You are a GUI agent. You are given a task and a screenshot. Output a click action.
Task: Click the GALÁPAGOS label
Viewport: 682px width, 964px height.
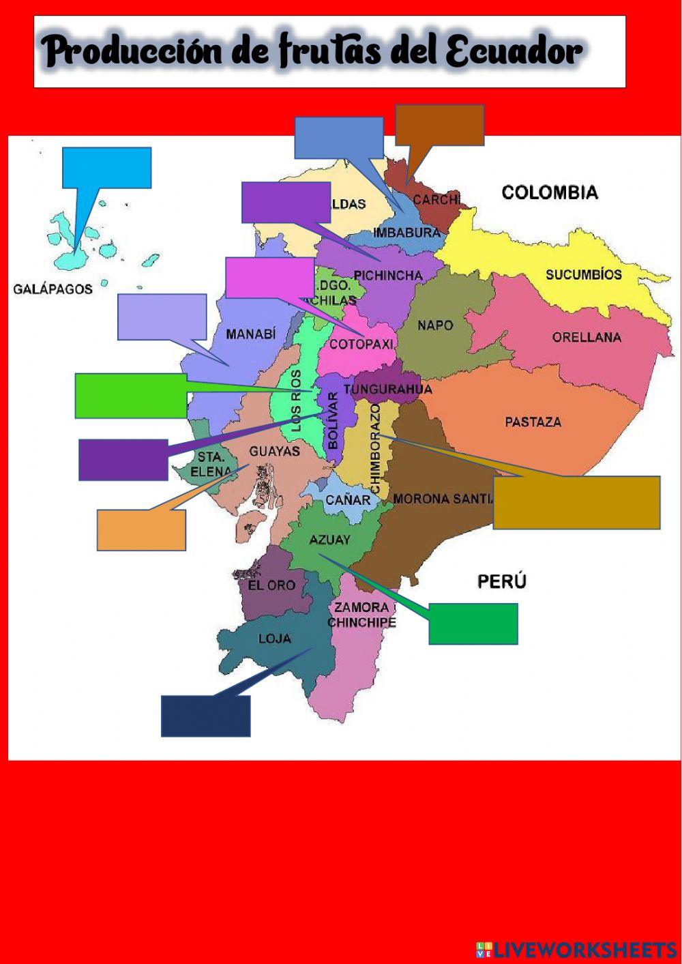click(53, 289)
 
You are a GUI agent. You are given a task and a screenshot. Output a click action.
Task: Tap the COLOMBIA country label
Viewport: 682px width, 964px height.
click(550, 192)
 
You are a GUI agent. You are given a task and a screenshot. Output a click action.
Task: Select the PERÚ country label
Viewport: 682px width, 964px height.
click(501, 581)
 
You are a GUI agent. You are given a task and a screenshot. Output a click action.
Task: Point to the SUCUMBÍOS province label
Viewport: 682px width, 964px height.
click(583, 275)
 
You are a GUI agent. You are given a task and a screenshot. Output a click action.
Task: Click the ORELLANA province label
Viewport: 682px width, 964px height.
click(587, 337)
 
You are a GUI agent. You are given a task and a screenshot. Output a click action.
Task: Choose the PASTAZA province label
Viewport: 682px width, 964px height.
click(533, 422)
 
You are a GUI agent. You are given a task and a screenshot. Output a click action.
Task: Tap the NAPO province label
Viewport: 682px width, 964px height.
click(435, 325)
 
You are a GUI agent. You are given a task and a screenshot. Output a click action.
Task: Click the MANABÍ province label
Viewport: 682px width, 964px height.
click(251, 334)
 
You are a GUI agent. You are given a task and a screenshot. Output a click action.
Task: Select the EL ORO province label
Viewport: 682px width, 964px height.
click(271, 585)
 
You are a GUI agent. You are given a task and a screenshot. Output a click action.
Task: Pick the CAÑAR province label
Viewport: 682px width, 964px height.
click(348, 500)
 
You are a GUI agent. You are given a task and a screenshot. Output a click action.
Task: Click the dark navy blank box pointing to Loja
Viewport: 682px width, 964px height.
click(205, 716)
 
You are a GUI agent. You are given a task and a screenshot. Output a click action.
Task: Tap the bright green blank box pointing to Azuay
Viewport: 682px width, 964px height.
click(473, 624)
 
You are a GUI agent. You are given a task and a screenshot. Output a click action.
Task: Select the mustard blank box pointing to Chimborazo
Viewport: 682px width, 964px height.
click(576, 502)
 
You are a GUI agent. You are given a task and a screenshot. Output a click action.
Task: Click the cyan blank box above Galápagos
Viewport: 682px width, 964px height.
click(106, 167)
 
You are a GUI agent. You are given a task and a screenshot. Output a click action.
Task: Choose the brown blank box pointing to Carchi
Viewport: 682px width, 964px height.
click(440, 124)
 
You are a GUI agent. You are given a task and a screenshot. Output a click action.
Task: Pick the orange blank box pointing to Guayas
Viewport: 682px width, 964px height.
click(141, 530)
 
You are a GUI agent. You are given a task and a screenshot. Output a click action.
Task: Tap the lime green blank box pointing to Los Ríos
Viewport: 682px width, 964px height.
click(131, 395)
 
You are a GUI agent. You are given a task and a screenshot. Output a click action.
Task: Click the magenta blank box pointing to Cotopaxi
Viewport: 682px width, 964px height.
click(269, 278)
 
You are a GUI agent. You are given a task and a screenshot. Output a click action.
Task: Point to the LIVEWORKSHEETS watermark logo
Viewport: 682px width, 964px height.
click(576, 949)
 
